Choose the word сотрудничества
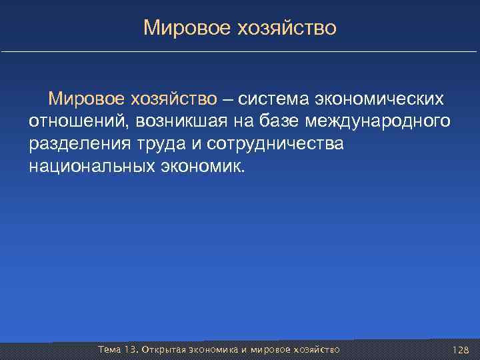275,143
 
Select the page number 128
460,349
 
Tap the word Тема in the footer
109,349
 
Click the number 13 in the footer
131,349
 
